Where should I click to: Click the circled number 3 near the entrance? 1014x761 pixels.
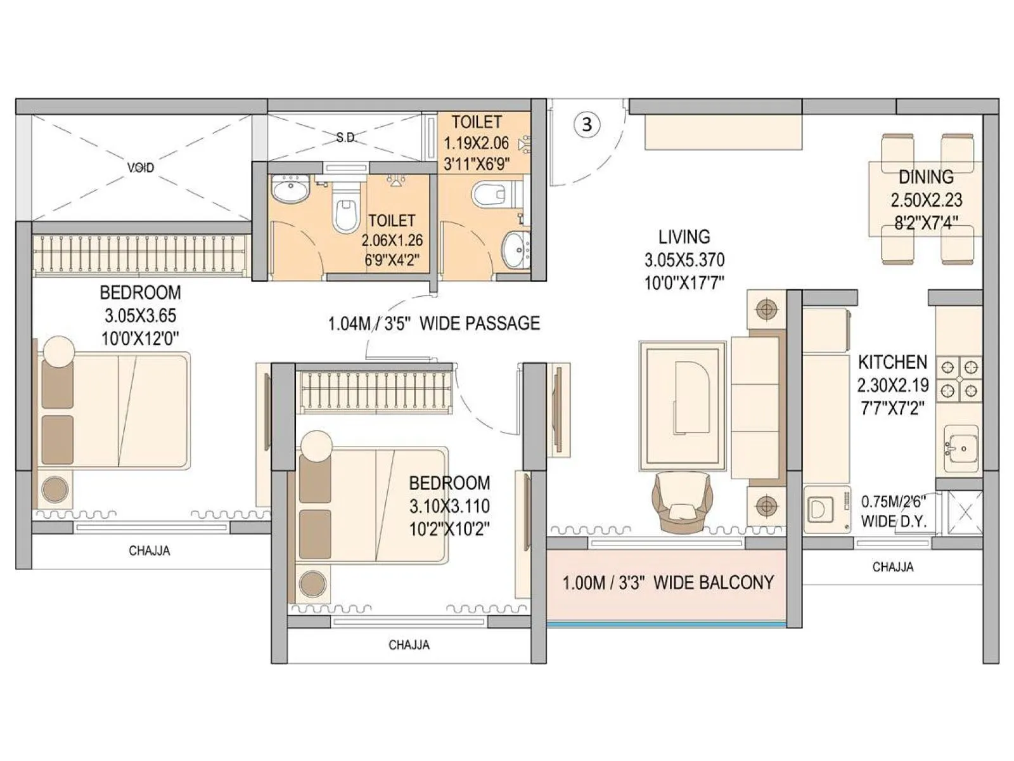pos(587,124)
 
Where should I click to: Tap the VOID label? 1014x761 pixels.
pos(141,168)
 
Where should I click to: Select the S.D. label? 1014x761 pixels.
pos(346,138)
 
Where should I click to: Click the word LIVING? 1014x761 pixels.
pos(684,237)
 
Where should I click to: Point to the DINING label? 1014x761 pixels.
pos(926,177)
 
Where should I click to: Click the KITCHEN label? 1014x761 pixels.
pos(892,362)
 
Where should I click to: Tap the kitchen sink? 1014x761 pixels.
pos(961,448)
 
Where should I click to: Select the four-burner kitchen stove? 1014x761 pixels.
pos(959,379)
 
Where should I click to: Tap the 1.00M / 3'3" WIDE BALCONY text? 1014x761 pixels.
pos(668,583)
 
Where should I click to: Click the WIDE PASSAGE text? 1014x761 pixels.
pos(480,323)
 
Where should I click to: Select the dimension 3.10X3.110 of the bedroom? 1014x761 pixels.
pos(449,506)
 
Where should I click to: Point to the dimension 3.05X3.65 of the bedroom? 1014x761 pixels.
pos(140,316)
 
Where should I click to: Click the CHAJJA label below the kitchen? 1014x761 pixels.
pos(892,567)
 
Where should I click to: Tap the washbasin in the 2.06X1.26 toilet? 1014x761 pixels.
pos(290,189)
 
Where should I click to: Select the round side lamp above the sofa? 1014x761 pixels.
pos(767,309)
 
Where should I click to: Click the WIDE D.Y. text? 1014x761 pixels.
pos(894,521)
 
